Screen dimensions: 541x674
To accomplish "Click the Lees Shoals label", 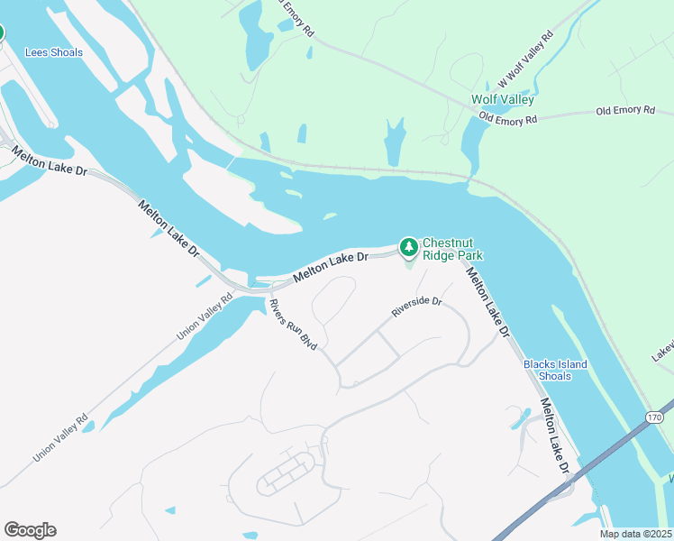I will tap(54, 52).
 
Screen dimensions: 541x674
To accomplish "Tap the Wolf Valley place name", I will tap(502, 100).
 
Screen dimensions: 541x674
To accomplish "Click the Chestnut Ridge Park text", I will tap(453, 249).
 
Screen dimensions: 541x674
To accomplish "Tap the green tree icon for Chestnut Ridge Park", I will tap(409, 246).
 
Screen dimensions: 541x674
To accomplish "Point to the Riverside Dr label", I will tap(416, 307).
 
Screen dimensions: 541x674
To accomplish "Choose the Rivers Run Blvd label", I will tap(294, 325).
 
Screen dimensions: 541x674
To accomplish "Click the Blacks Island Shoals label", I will tap(555, 370).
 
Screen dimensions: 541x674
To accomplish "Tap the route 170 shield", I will tap(655, 417).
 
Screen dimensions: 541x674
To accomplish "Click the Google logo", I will tap(30, 530).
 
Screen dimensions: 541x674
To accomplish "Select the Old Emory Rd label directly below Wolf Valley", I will tap(508, 118).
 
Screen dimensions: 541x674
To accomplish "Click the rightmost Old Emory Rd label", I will tap(624, 111).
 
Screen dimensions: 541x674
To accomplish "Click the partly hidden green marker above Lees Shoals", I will tap(0, 33).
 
